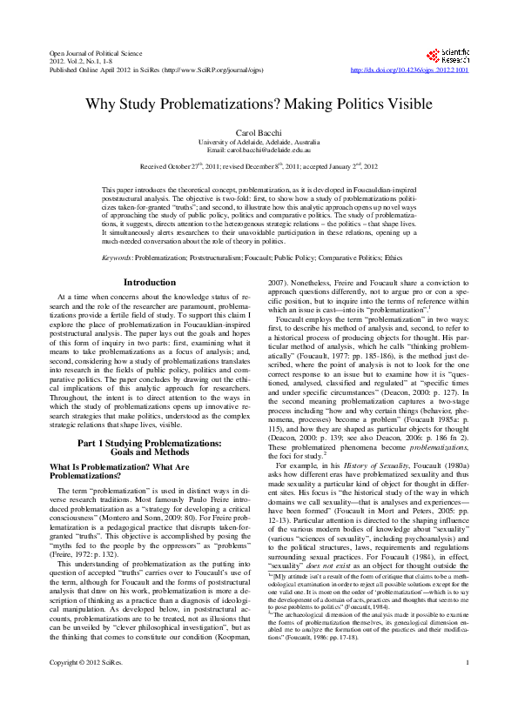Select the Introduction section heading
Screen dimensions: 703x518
point(150,282)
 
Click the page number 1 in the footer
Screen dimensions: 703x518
point(468,688)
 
